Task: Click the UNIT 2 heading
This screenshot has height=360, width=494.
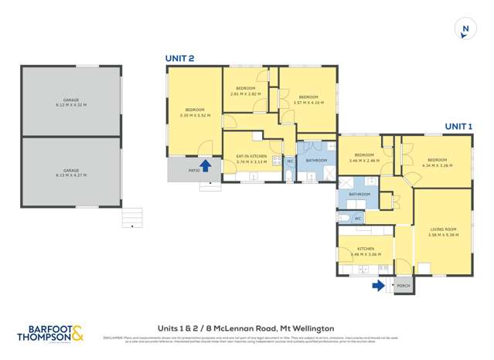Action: [x=179, y=58]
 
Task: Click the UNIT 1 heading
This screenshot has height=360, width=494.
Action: [x=458, y=126]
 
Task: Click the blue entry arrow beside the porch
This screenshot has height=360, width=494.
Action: [x=378, y=285]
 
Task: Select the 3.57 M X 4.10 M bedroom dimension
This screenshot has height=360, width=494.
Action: [x=307, y=102]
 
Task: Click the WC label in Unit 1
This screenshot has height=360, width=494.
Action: [x=358, y=219]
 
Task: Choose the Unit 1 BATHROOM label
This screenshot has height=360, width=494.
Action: [x=359, y=194]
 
